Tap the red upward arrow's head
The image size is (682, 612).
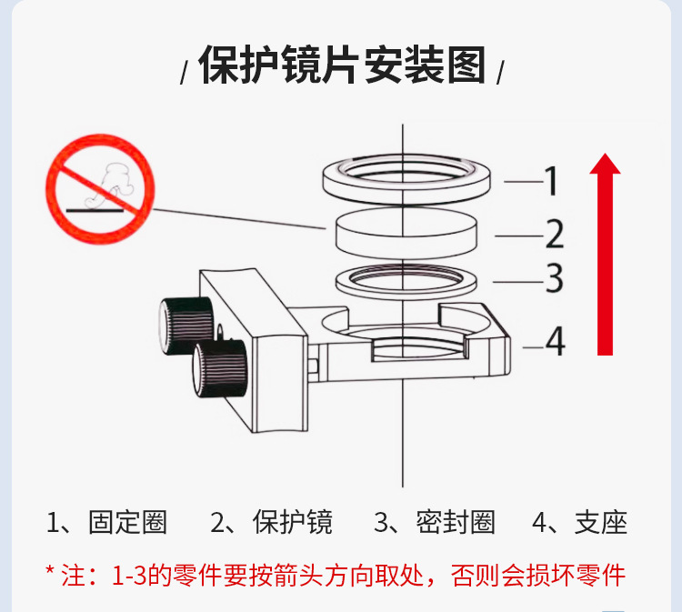pyautogui.click(x=605, y=166)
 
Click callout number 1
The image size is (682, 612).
pyautogui.click(x=551, y=182)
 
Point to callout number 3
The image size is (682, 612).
pyautogui.click(x=554, y=279)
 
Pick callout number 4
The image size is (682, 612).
pyautogui.click(x=555, y=342)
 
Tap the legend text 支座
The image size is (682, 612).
pyautogui.click(x=601, y=523)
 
